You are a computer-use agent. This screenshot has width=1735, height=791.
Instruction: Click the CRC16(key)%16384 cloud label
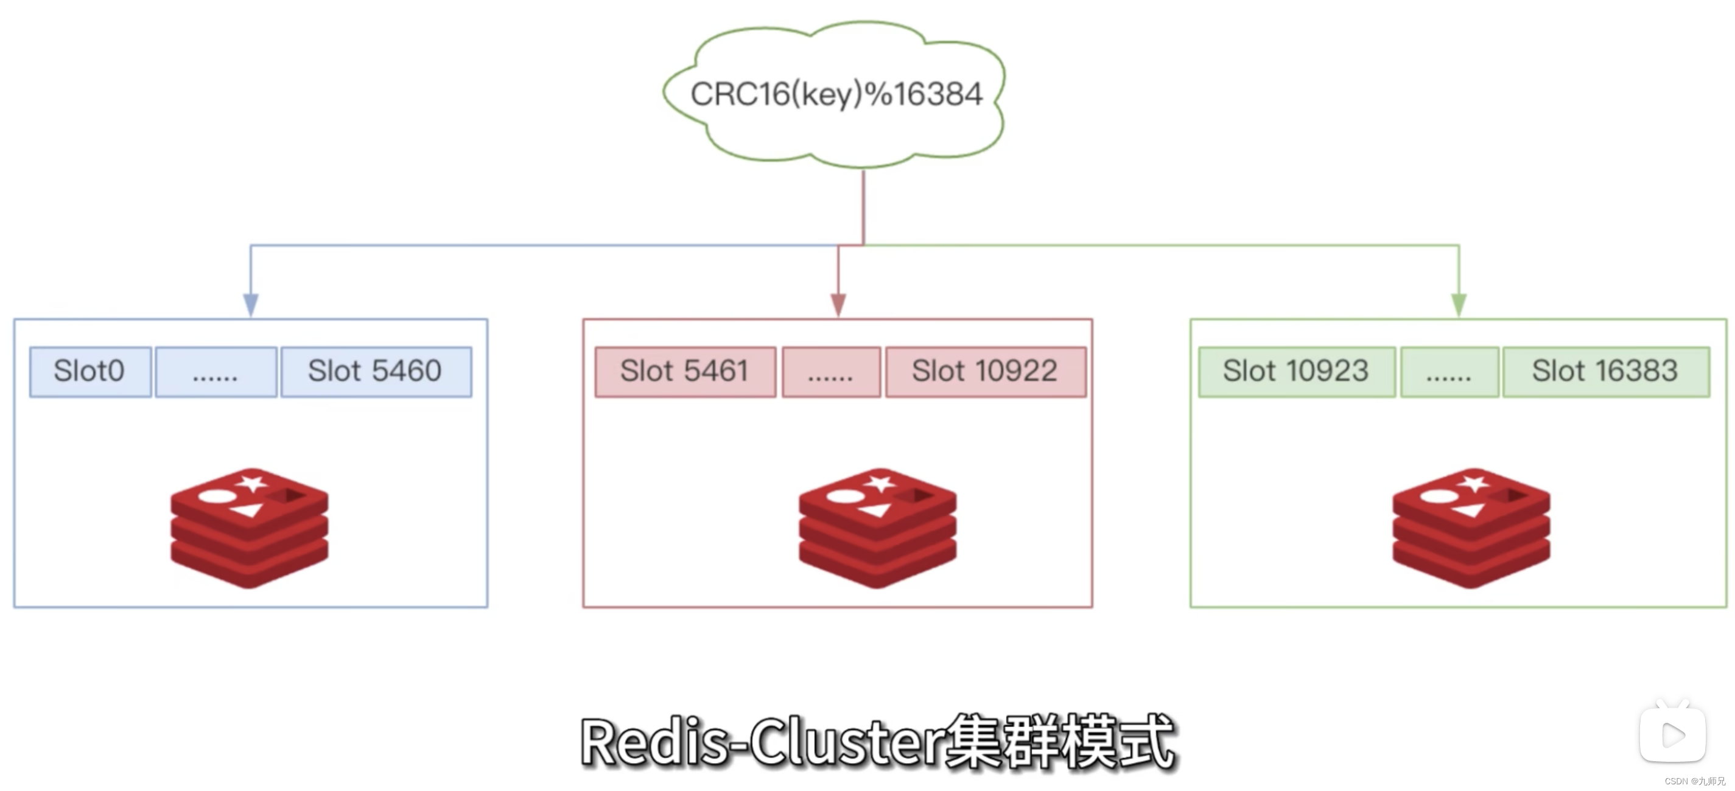(x=836, y=94)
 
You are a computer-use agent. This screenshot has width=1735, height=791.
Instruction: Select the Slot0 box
(x=90, y=372)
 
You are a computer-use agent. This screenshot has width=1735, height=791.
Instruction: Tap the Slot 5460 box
(x=376, y=372)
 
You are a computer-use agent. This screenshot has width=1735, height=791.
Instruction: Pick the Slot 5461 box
(x=685, y=372)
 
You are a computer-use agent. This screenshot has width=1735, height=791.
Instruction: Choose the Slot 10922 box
(x=985, y=372)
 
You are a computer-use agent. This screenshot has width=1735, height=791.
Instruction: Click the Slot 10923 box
(x=1296, y=372)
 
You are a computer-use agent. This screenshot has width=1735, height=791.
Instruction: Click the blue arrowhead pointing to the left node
(x=251, y=304)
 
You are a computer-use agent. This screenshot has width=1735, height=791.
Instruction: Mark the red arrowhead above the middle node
(x=838, y=304)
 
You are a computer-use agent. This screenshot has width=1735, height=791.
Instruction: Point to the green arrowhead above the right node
(x=1459, y=304)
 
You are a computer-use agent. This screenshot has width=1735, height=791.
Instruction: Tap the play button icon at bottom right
(x=1672, y=734)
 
